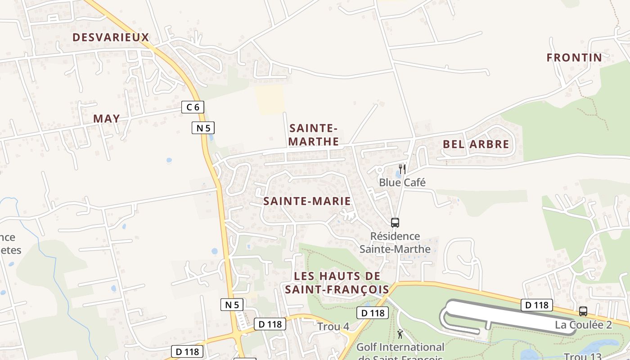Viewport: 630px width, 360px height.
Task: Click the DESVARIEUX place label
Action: coord(111,37)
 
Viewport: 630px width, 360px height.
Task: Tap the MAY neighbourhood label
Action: coord(107,119)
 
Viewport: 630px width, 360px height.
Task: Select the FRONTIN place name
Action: coord(574,58)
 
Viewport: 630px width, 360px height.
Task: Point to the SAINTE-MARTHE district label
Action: coord(314,135)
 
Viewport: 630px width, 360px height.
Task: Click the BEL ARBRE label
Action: coord(476,144)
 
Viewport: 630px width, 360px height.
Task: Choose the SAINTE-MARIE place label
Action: coord(307,201)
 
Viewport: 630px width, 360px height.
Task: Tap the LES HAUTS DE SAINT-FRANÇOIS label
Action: coord(337,283)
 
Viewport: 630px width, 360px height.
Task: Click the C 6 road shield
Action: coord(193,107)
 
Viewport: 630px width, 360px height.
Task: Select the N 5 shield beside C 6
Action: coord(203,128)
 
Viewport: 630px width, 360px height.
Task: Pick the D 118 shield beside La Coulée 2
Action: coord(537,305)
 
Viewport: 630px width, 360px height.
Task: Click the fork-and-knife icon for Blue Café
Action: coord(402,169)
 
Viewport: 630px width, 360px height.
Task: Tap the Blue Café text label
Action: coord(402,182)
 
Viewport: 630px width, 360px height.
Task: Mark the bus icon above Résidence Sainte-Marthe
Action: coord(395,222)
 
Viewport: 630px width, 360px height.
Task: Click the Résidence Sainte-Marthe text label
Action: coord(395,243)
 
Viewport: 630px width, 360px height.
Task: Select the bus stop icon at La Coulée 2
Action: coord(583,311)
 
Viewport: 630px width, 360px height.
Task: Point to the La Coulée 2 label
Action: coord(583,324)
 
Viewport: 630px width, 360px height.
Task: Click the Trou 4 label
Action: coord(333,327)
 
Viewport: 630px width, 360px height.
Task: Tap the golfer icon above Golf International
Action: coord(400,334)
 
